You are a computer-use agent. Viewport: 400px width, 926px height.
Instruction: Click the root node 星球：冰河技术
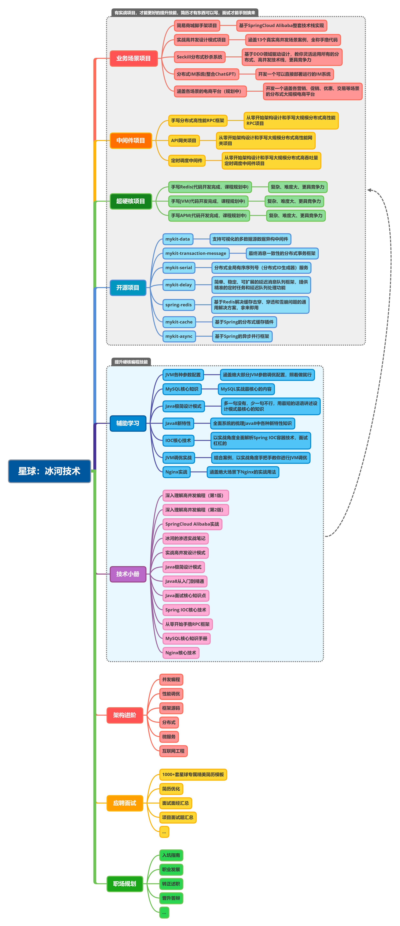click(49, 471)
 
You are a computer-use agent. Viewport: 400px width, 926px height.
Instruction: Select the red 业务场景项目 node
click(133, 58)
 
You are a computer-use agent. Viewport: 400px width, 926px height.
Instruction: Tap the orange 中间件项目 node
click(131, 140)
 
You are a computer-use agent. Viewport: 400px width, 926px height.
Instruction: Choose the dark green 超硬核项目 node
click(131, 201)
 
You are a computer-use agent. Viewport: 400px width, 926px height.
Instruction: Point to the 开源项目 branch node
click(128, 288)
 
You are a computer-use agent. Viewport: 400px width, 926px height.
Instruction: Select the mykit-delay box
click(178, 285)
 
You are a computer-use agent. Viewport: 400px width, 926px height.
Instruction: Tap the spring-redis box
click(178, 305)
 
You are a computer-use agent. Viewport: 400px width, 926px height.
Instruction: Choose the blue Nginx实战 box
click(176, 472)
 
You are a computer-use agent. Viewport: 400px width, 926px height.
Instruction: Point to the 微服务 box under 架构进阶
click(169, 737)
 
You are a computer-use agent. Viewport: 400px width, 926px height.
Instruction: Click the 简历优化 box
click(171, 789)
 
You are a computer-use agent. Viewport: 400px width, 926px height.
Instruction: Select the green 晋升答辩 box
click(171, 898)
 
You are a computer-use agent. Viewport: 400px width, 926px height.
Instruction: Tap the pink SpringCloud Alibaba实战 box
click(192, 524)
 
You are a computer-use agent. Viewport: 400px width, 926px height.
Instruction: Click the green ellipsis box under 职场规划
click(164, 912)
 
